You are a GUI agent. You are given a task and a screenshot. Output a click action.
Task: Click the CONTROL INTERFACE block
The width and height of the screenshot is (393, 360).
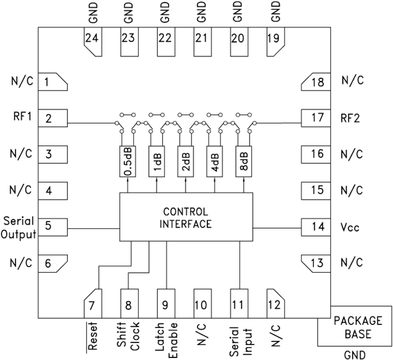click(186, 217)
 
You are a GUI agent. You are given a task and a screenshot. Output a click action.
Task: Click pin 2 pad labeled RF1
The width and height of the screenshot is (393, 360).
click(53, 118)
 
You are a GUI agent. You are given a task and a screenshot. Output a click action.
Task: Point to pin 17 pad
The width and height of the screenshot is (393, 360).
click(315, 118)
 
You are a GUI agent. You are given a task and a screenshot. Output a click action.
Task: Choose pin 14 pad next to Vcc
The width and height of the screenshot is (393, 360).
click(315, 226)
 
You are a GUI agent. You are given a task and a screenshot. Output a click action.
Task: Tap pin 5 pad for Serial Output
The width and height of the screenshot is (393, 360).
click(53, 226)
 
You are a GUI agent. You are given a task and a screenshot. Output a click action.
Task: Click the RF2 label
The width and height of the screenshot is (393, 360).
click(351, 118)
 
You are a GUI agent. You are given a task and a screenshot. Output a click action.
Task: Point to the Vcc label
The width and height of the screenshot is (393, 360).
click(350, 227)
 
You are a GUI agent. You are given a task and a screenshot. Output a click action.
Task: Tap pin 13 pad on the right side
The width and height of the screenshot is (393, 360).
click(315, 263)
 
